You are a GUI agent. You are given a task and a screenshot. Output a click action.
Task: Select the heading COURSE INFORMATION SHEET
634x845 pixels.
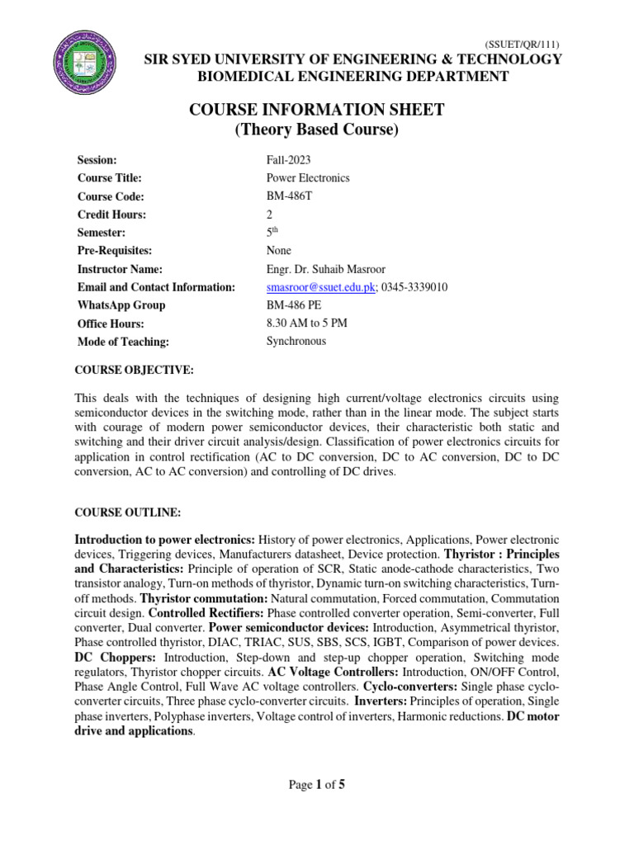317,111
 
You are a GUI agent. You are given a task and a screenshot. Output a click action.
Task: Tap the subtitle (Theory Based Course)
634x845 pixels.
317,130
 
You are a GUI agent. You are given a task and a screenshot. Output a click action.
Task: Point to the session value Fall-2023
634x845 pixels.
288,159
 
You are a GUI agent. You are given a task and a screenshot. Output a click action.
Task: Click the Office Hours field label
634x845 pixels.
110,324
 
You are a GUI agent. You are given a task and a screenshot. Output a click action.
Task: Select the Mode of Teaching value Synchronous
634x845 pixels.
296,341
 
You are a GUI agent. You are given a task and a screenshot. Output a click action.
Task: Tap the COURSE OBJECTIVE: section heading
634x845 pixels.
134,371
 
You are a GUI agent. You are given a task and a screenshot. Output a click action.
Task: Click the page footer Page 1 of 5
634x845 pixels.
317,785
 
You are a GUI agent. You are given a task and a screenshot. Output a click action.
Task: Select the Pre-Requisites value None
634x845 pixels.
278,250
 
